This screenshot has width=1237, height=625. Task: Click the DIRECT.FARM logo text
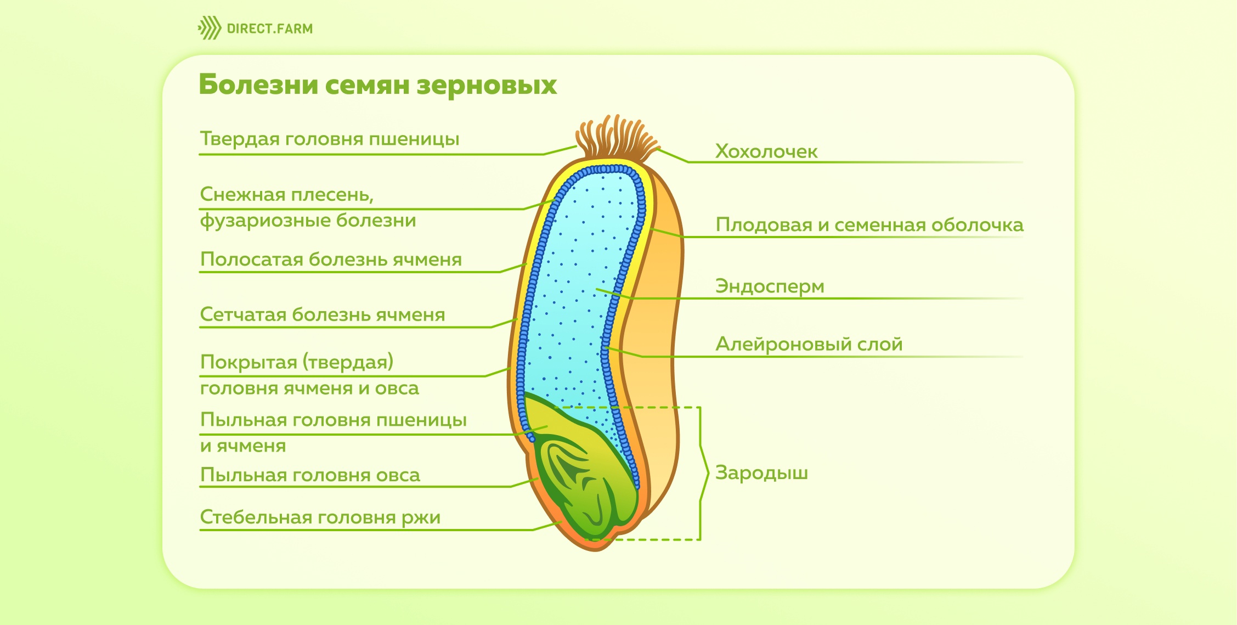pyautogui.click(x=269, y=29)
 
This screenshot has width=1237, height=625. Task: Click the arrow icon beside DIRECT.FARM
pyautogui.click(x=210, y=28)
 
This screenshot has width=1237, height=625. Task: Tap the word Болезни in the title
pyautogui.click(x=258, y=85)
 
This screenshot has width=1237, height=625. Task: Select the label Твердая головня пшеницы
pyautogui.click(x=330, y=139)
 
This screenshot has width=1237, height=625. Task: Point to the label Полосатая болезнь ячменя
pyautogui.click(x=331, y=259)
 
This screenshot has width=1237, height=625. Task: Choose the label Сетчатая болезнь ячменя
pyautogui.click(x=323, y=314)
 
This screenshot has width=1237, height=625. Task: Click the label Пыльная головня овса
pyautogui.click(x=310, y=475)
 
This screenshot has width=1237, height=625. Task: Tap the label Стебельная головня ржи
pyautogui.click(x=320, y=517)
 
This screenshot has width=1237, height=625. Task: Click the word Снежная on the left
pyautogui.click(x=242, y=194)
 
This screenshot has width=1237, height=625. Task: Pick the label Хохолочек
pyautogui.click(x=766, y=151)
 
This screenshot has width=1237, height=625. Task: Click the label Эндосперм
pyautogui.click(x=770, y=286)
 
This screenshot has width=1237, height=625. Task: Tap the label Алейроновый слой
pyautogui.click(x=809, y=344)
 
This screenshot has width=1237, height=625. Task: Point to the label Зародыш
pyautogui.click(x=761, y=473)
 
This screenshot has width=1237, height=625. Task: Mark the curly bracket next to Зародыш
pyautogui.click(x=703, y=473)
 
